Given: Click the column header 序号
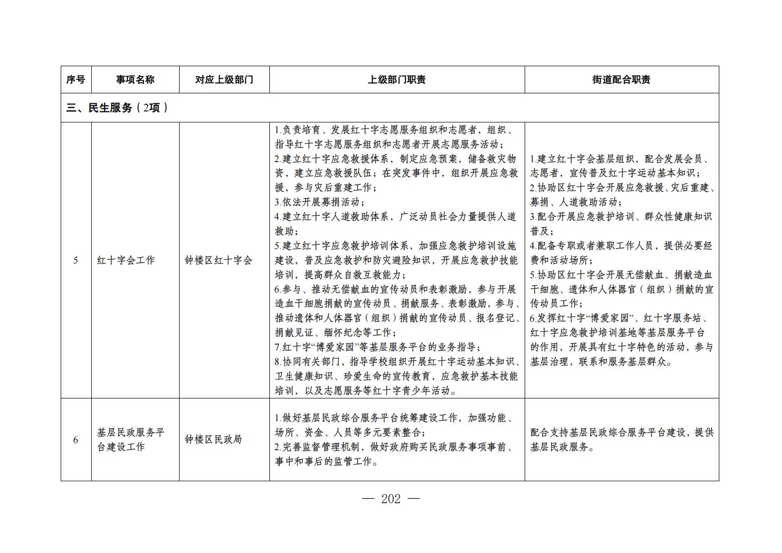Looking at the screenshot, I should click(x=76, y=80).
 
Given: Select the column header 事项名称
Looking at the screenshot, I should click(x=135, y=80).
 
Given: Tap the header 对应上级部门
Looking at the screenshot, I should click(x=224, y=80).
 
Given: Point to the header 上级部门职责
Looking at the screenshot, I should click(x=397, y=80).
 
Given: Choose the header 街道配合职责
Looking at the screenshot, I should click(x=621, y=80).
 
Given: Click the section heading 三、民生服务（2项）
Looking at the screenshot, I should click(x=117, y=108).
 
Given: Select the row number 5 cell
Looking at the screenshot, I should click(x=76, y=260).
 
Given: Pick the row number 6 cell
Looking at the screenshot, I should click(x=76, y=440).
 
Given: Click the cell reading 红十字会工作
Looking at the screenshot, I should click(x=126, y=260).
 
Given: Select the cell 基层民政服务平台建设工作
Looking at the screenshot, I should click(x=131, y=440).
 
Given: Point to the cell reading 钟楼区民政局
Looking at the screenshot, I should click(x=213, y=440).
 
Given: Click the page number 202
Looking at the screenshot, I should click(x=391, y=499).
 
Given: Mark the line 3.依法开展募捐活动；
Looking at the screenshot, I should click(x=320, y=202).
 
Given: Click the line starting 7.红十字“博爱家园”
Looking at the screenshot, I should click(x=378, y=347).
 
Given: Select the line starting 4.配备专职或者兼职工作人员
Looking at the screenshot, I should click(x=621, y=246).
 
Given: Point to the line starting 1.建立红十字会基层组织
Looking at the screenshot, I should click(x=621, y=159).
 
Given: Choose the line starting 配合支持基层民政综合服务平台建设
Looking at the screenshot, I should click(x=621, y=433).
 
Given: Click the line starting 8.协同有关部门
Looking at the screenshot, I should click(x=396, y=362).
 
